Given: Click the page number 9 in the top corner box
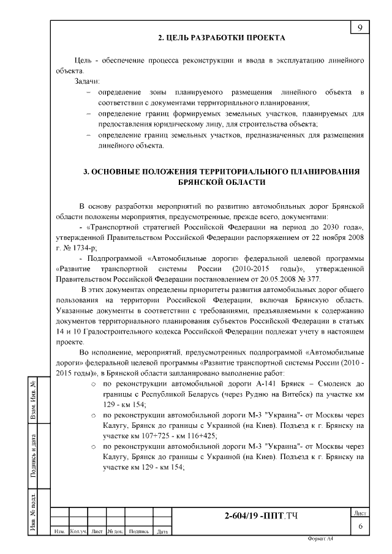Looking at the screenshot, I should click(x=360, y=27).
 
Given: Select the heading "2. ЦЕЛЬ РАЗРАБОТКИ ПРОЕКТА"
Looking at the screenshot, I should click(x=222, y=38).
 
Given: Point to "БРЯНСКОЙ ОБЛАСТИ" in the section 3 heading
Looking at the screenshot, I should click(x=221, y=182).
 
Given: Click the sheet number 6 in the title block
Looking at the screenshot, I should click(x=360, y=526).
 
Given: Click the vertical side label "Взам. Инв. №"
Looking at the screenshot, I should click(x=34, y=402).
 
